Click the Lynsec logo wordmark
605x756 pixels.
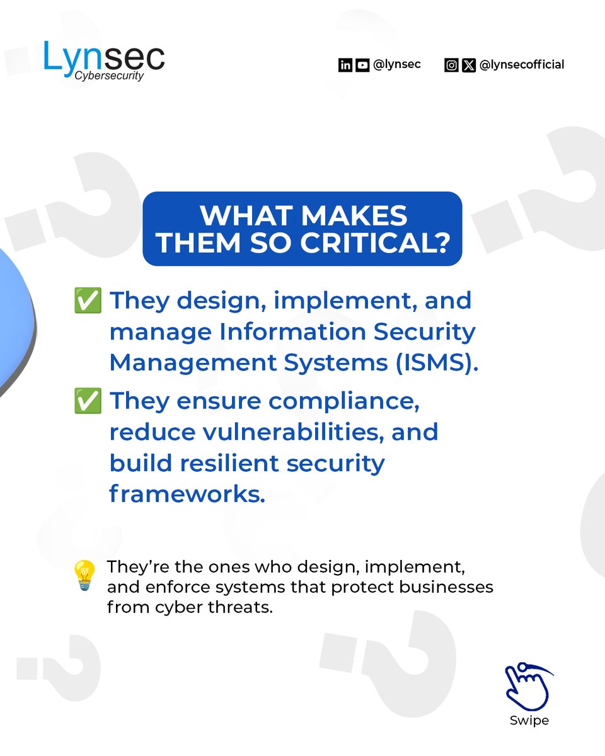(104, 56)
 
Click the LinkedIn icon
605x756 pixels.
(345, 65)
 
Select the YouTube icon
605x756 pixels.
(362, 65)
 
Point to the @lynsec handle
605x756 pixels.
(397, 64)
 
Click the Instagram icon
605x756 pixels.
(451, 65)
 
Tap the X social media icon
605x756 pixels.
(468, 65)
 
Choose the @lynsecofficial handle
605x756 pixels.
(522, 64)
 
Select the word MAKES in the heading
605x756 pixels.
(356, 216)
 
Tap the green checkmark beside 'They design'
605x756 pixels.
(88, 301)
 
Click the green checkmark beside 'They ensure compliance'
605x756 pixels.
(88, 402)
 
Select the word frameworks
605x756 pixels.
(187, 494)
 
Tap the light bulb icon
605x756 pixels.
(85, 575)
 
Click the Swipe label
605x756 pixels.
(529, 720)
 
